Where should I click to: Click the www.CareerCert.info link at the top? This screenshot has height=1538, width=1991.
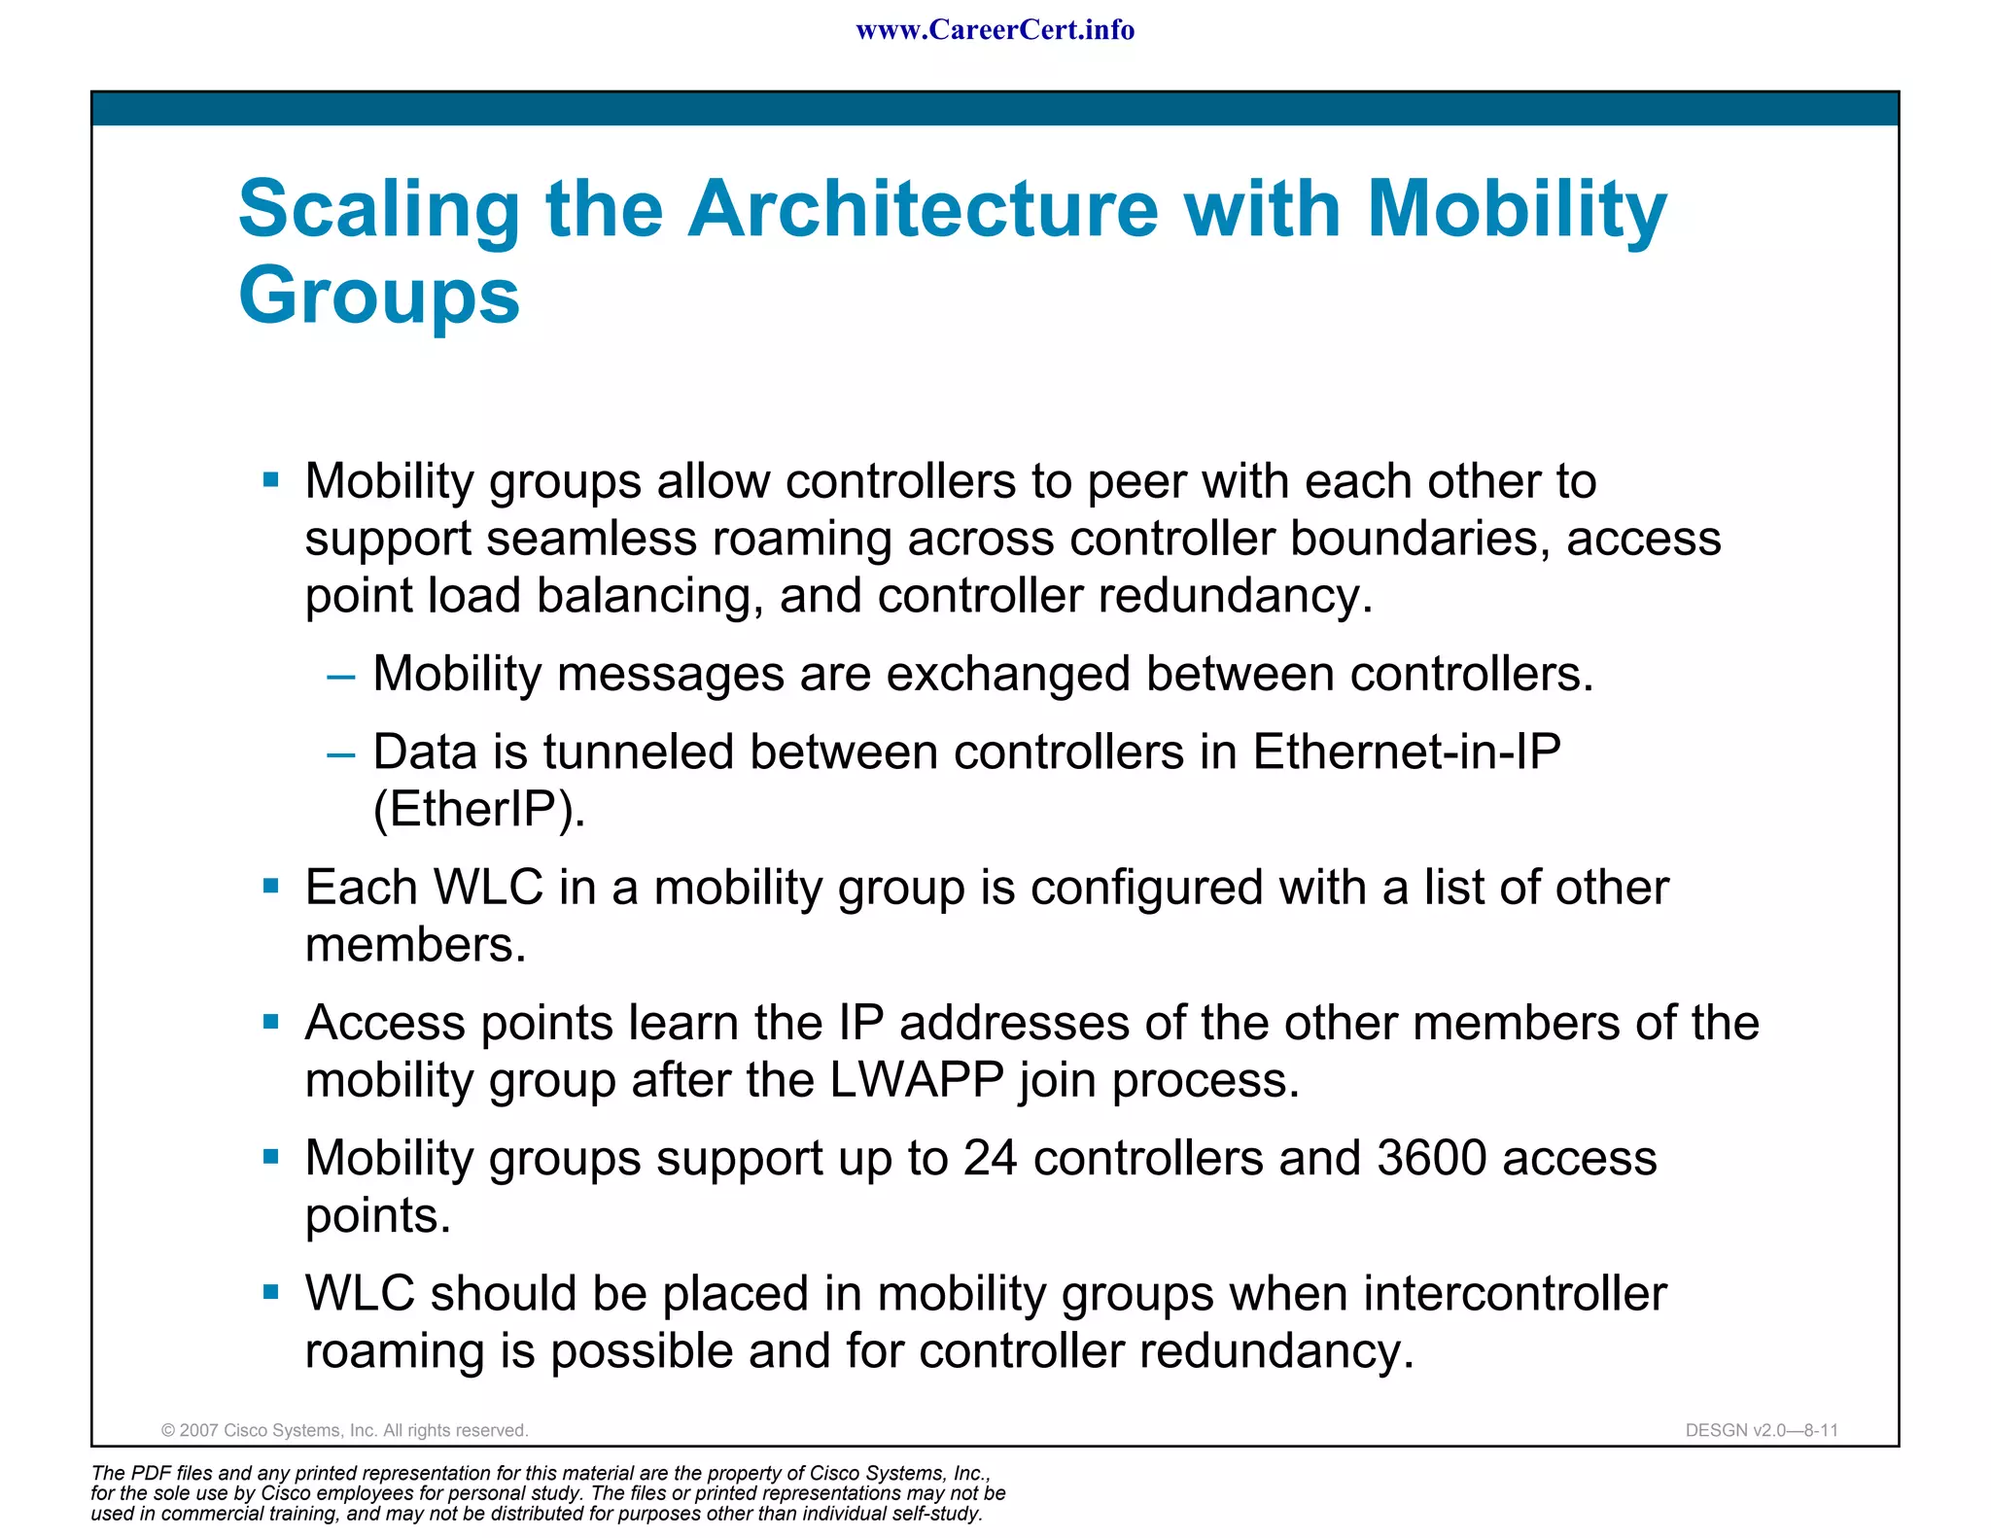[x=995, y=30]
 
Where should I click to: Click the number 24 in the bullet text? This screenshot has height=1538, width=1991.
[x=990, y=1158]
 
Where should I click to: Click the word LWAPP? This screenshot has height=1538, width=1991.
[x=917, y=1080]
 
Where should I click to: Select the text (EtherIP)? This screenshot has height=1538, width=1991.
[x=479, y=809]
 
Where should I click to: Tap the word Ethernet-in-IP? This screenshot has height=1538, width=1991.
[x=1406, y=752]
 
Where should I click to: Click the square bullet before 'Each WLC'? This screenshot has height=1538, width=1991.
[x=271, y=886]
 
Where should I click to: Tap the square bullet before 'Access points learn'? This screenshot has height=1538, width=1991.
[x=271, y=1021]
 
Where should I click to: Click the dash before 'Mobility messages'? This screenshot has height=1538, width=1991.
[x=341, y=675]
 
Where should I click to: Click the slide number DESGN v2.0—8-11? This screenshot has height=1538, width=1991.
[x=1762, y=1430]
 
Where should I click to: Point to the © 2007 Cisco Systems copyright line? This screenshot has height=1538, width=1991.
[x=344, y=1430]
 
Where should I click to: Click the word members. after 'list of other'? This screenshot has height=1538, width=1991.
[x=415, y=945]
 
